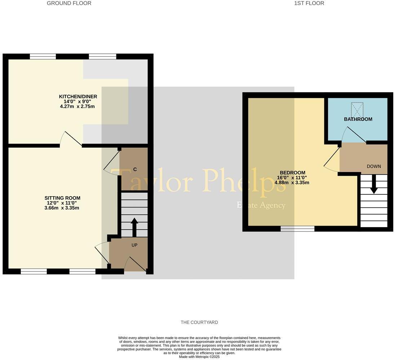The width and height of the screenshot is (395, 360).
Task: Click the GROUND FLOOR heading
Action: (69, 3)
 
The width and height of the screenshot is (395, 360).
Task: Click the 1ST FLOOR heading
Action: (309, 3)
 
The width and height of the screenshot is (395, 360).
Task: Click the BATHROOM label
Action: (358, 119)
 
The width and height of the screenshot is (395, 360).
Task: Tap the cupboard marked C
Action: (134, 169)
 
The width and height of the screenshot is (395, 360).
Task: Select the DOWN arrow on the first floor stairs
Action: (374, 184)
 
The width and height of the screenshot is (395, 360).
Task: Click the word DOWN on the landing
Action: (374, 166)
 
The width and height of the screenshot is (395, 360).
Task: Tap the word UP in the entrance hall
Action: (134, 245)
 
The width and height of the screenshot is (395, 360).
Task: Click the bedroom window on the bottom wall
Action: (297, 228)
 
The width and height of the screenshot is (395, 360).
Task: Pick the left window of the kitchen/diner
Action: (43, 56)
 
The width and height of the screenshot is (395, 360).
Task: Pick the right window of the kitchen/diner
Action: (102, 56)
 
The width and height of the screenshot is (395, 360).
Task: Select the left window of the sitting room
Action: (34, 271)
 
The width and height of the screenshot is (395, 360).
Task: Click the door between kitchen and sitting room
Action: (71, 140)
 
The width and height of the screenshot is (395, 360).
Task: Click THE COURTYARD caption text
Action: (199, 323)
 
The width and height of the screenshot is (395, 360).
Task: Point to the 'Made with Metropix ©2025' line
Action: (199, 357)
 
